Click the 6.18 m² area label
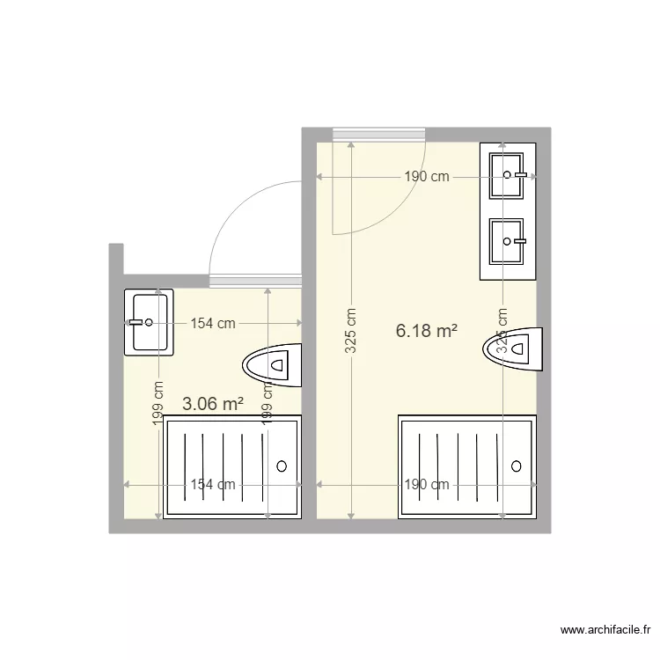[x=427, y=331]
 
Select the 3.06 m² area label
[x=212, y=404]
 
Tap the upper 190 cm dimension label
[x=427, y=176]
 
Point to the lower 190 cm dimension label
[x=427, y=484]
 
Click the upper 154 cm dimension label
[x=213, y=323]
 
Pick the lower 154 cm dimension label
[x=213, y=484]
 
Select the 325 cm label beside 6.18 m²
[x=350, y=331]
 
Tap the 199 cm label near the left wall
[x=158, y=404]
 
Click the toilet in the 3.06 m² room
[x=272, y=363]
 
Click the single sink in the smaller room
[x=149, y=322]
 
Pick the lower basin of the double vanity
[x=507, y=240]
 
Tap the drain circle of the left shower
[x=282, y=466]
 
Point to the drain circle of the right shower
[x=517, y=466]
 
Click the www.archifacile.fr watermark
[x=604, y=630]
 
